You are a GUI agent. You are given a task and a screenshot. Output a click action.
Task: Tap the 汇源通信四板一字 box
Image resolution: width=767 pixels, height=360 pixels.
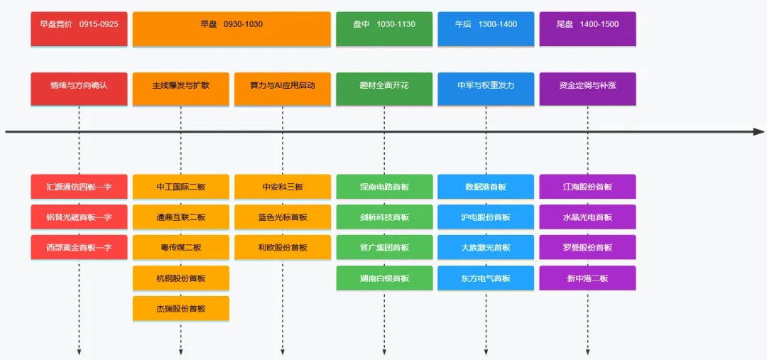(x=79, y=187)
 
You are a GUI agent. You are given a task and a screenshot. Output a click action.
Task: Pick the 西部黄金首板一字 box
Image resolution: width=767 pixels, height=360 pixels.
(x=79, y=247)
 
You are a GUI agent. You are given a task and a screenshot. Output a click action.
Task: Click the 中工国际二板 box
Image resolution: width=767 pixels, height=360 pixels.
(x=181, y=187)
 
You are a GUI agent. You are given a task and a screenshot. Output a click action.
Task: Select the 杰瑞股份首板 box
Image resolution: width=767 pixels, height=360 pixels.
(x=181, y=309)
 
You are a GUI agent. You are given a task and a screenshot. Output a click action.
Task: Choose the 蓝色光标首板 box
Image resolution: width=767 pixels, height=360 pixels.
(x=283, y=217)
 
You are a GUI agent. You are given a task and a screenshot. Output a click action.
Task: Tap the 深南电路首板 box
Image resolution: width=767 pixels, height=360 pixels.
(x=384, y=187)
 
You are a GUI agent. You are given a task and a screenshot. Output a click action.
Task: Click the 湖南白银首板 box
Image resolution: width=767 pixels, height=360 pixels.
(x=384, y=278)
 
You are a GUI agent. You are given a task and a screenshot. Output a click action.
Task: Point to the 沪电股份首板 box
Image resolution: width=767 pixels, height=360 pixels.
(x=486, y=217)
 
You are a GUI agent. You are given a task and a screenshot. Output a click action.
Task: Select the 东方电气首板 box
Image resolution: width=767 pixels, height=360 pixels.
(x=486, y=278)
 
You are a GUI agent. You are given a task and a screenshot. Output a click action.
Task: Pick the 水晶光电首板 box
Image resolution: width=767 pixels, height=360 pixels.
(x=587, y=217)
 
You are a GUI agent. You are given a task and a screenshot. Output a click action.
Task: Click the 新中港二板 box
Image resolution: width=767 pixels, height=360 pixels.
(x=587, y=278)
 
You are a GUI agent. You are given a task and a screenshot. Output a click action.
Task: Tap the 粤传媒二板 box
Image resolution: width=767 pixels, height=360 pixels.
(x=181, y=247)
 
